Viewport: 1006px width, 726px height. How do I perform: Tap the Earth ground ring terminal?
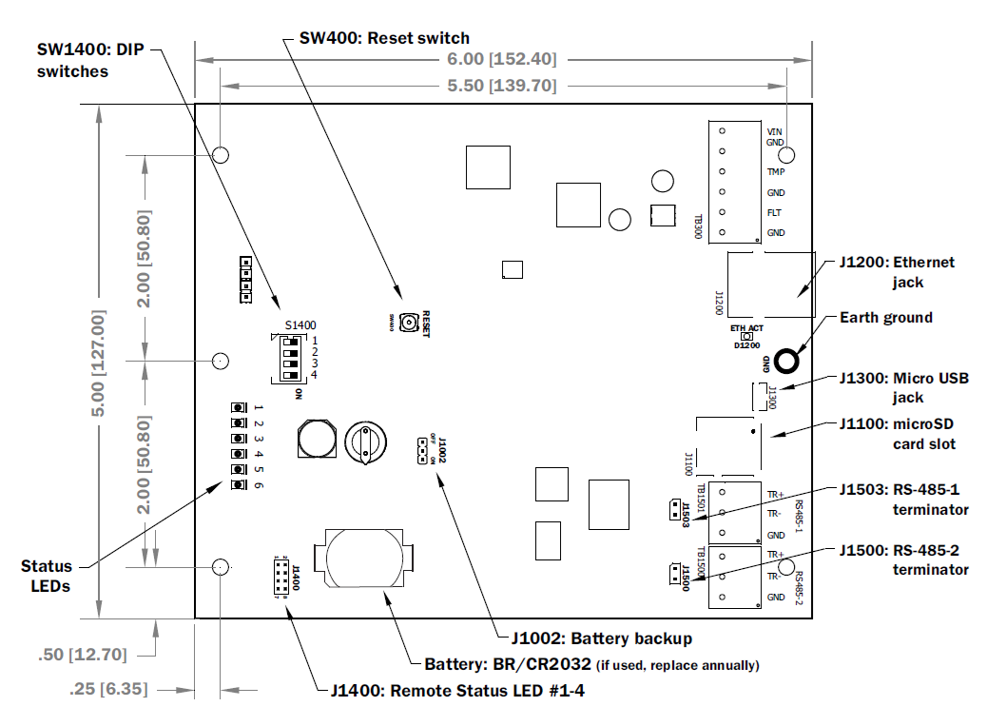pos(786,361)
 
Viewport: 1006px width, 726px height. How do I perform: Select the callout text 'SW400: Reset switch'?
pos(384,38)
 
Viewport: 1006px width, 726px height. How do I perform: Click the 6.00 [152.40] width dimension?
pos(503,58)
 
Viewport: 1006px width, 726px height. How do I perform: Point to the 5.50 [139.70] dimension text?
pos(503,86)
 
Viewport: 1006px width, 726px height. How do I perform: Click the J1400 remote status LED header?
pos(282,575)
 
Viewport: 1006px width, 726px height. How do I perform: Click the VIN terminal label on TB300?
pos(775,130)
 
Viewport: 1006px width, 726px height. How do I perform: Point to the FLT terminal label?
pos(775,212)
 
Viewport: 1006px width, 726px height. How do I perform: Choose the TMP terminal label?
pos(776,172)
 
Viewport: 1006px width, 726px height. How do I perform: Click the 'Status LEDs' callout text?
pos(47,576)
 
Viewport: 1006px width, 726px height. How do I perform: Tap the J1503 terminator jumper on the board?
pos(673,509)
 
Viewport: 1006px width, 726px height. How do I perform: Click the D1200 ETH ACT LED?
pos(747,337)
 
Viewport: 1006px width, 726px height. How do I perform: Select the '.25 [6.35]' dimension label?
pos(108,688)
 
